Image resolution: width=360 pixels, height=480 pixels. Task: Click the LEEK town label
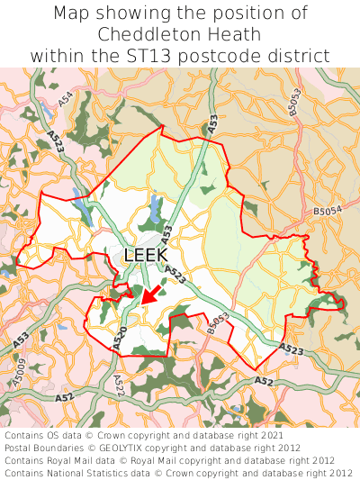[145, 255]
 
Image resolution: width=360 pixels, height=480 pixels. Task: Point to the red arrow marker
[150, 293]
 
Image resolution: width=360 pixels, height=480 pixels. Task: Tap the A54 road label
[67, 101]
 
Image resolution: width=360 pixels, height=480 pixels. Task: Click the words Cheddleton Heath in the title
[180, 34]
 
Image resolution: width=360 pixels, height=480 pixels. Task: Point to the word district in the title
[297, 55]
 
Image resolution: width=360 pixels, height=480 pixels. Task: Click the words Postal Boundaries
[50, 448]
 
